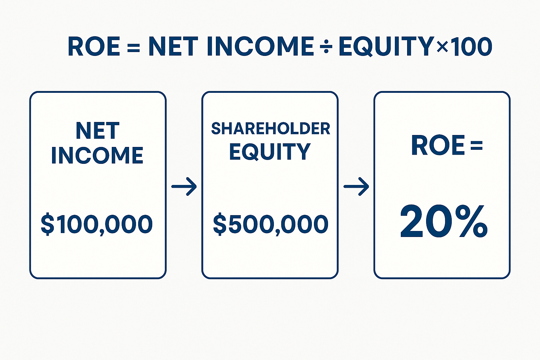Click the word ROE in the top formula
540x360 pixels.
94,46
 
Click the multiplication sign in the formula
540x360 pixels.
442,47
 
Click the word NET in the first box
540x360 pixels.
98,130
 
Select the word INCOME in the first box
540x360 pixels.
97,155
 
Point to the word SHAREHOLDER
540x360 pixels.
270,129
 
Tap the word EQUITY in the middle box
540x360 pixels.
270,152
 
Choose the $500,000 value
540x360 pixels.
270,224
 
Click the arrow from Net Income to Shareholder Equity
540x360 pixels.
184,186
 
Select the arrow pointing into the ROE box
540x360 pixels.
356,186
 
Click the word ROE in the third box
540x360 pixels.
438,146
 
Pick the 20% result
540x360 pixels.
444,221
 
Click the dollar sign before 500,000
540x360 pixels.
220,224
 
